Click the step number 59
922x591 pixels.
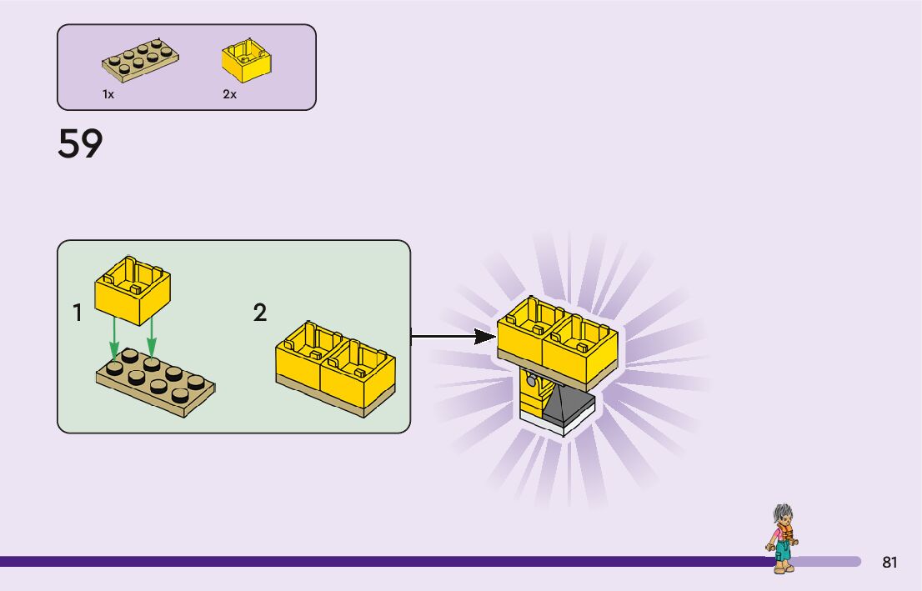(80, 144)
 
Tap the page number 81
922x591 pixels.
(889, 563)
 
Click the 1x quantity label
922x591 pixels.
(108, 95)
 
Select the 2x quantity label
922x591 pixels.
(229, 95)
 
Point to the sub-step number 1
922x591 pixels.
(78, 313)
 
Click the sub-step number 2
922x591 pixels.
(260, 313)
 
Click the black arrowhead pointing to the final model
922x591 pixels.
(485, 337)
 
